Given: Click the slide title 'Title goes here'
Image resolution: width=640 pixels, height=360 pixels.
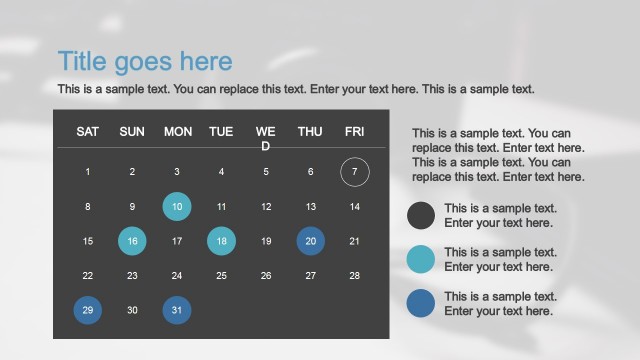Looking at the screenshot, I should point(145,62).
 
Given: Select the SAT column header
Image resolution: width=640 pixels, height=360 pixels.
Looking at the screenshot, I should point(88,131).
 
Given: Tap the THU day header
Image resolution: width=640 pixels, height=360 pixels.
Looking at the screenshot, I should point(310,131).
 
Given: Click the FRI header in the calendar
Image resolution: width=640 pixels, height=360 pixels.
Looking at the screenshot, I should point(354,131).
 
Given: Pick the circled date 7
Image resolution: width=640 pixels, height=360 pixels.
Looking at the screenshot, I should point(354,172).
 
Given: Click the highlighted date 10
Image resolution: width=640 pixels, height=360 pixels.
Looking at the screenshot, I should point(177,207).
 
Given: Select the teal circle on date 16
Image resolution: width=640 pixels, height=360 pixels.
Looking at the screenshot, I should point(132,241).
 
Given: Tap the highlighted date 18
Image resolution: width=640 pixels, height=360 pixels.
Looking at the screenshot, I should point(221,241).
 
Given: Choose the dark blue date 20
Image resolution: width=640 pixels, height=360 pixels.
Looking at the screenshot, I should point(310,241).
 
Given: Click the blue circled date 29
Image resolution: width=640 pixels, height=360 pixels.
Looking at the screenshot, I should point(88,310).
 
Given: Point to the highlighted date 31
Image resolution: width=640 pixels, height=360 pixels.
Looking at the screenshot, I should point(177,310).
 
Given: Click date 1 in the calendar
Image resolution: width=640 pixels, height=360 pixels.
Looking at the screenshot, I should point(88,172).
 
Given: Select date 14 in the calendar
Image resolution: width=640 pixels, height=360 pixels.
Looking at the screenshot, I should point(354,207).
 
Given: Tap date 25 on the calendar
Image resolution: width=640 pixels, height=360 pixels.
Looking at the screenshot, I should point(221,276).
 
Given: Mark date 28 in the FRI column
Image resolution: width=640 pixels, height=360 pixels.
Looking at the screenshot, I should point(354,276).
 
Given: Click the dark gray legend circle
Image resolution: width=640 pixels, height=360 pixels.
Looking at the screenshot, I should point(421,216).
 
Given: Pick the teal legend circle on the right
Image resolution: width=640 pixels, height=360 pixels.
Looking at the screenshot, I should point(421,259).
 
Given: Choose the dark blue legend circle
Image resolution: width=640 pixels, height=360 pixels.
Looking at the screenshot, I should point(421,303).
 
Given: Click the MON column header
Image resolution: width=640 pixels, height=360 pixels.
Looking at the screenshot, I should point(177,131).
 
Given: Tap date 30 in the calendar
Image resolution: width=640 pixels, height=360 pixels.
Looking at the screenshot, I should point(132,310).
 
